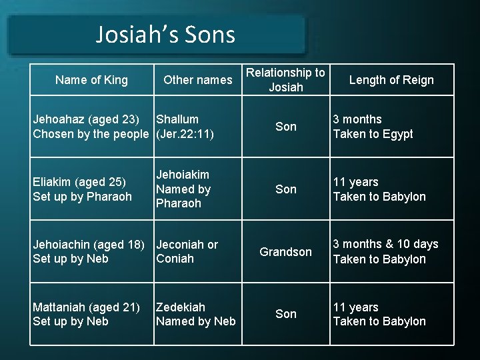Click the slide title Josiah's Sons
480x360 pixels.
coord(165,34)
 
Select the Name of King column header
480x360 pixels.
coord(91,80)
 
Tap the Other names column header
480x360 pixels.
coord(197,80)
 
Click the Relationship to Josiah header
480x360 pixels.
coord(285,80)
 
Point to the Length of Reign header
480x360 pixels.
coord(391,80)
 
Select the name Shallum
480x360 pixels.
coord(177,119)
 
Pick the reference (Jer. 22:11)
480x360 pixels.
coord(185,134)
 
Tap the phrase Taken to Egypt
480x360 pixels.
coord(373,134)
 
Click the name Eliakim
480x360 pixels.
coord(53,182)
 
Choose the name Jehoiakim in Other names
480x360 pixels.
coord(182,175)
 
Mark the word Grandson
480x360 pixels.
coord(285,252)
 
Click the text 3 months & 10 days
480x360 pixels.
coord(385,244)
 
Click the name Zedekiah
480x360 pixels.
coord(181,307)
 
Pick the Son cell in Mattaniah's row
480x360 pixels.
coord(285,314)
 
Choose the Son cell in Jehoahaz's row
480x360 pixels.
coord(285,127)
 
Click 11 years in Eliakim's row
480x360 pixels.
coord(355,182)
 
